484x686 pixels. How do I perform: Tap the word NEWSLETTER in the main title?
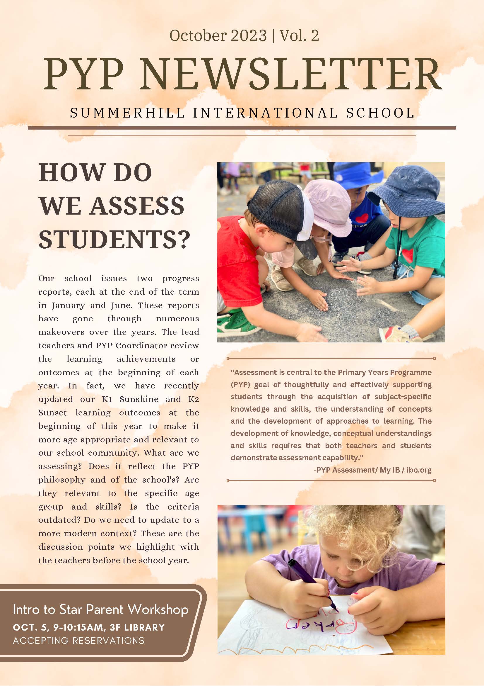291,74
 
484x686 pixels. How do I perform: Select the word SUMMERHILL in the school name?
127,113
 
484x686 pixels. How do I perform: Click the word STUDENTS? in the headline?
114,240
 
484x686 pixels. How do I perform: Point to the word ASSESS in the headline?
137,206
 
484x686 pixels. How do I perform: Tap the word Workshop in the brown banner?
158,610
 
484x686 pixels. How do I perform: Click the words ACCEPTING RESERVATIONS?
79,641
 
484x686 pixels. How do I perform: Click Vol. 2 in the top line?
299,35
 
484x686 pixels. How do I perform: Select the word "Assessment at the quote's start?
254,372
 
